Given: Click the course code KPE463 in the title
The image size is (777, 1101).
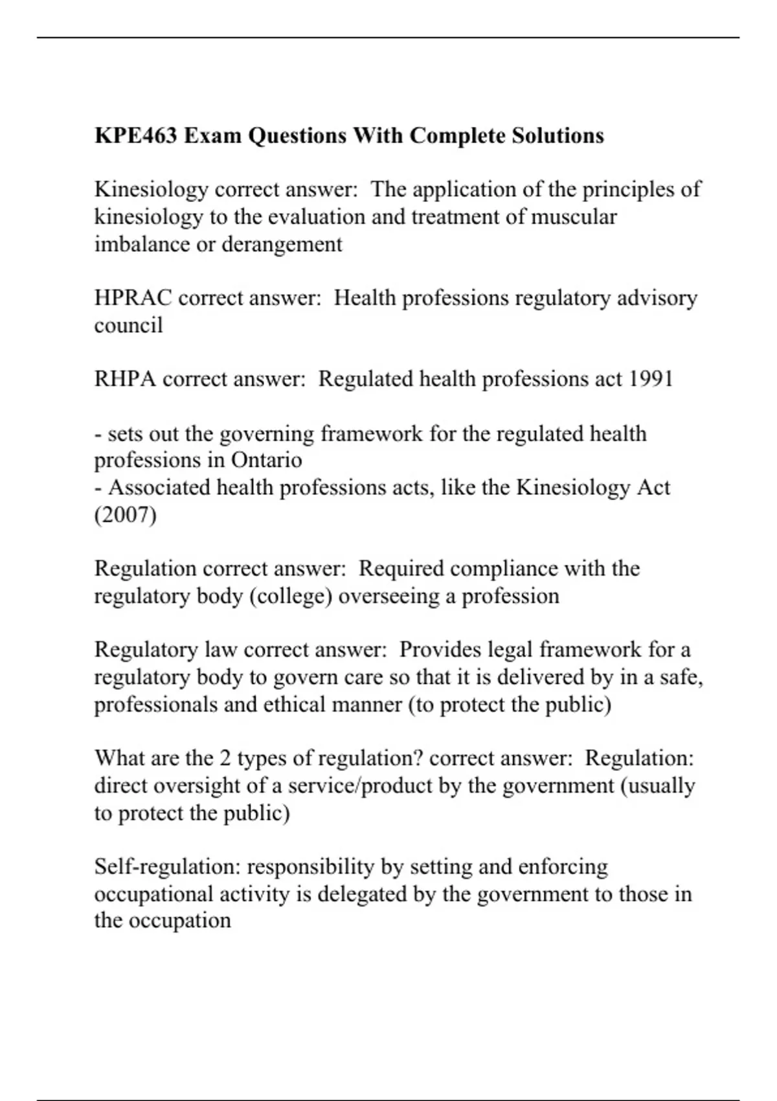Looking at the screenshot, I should pos(135,136).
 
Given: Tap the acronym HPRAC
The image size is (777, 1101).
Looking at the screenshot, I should pos(133,298).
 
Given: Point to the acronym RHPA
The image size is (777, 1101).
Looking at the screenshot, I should pos(125,379).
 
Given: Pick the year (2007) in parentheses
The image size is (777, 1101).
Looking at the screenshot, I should pos(125,515).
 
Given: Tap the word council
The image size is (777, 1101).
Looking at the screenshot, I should pos(128,325).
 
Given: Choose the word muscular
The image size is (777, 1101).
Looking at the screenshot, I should pos(574,217).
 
